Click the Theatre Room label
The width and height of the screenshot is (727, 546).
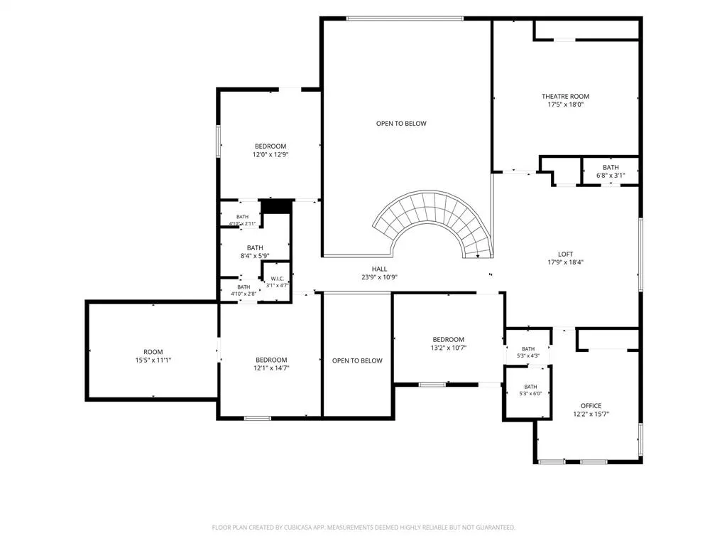(565, 97)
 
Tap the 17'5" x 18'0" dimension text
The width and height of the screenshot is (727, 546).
(565, 105)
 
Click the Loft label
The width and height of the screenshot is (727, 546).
(565, 255)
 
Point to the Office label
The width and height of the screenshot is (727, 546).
(591, 406)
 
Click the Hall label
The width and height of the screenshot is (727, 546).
(379, 269)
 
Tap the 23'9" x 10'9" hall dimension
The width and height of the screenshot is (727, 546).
(379, 278)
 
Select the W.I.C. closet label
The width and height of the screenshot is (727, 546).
(278, 279)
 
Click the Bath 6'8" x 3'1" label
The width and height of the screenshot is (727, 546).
(611, 171)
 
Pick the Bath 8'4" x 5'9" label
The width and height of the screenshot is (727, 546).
(255, 252)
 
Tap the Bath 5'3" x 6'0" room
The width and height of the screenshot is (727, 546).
(528, 392)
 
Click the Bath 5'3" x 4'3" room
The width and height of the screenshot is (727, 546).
(528, 348)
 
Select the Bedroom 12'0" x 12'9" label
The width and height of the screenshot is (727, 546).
(270, 151)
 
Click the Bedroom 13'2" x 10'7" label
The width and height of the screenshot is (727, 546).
(449, 343)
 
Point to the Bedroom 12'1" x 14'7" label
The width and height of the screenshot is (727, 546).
(271, 364)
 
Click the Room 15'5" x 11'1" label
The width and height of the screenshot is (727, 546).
(153, 356)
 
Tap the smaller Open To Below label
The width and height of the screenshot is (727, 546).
(357, 360)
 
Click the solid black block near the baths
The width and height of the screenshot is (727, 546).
(278, 207)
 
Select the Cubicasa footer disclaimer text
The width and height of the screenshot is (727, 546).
(363, 528)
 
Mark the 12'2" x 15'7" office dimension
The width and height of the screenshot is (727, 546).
(591, 414)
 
